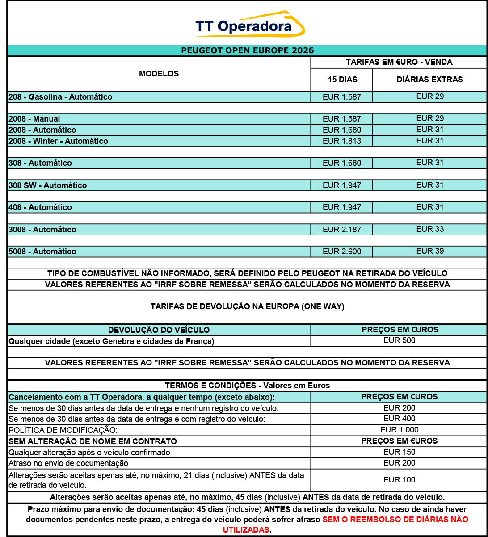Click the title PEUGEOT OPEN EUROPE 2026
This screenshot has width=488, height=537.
click(x=247, y=50)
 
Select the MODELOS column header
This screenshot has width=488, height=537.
click(x=159, y=74)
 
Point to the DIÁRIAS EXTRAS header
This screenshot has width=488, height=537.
click(x=429, y=80)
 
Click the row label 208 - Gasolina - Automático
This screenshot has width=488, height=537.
click(x=60, y=97)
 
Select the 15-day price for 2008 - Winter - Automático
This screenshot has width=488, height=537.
click(x=342, y=141)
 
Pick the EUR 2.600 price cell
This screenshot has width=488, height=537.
click(x=342, y=252)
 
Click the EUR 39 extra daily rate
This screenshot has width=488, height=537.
click(x=430, y=251)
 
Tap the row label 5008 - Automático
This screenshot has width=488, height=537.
click(x=42, y=252)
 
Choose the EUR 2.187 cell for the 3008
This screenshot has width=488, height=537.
click(x=342, y=230)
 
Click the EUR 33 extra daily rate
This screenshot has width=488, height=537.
click(x=430, y=229)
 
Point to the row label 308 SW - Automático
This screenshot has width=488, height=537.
click(x=48, y=185)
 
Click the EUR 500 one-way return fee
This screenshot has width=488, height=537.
click(x=399, y=340)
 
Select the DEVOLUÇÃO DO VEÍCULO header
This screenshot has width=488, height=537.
click(x=159, y=330)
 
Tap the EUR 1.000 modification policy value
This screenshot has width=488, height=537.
click(x=399, y=430)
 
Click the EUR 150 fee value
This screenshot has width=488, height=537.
click(x=399, y=452)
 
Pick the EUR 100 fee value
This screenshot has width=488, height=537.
click(x=399, y=480)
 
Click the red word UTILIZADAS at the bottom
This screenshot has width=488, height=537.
click(x=246, y=529)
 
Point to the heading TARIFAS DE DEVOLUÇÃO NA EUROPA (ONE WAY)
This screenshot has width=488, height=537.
click(x=247, y=307)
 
